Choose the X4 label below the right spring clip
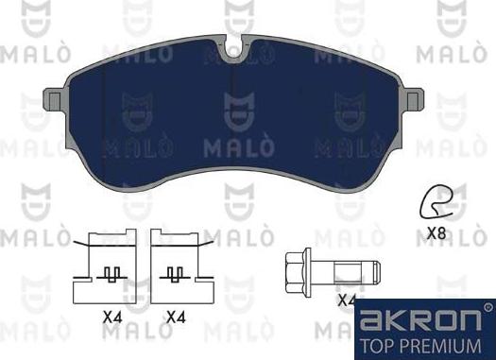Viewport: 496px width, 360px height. [176, 318]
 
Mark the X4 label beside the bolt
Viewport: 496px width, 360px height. [348, 300]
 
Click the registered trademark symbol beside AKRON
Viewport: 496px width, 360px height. [487, 306]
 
